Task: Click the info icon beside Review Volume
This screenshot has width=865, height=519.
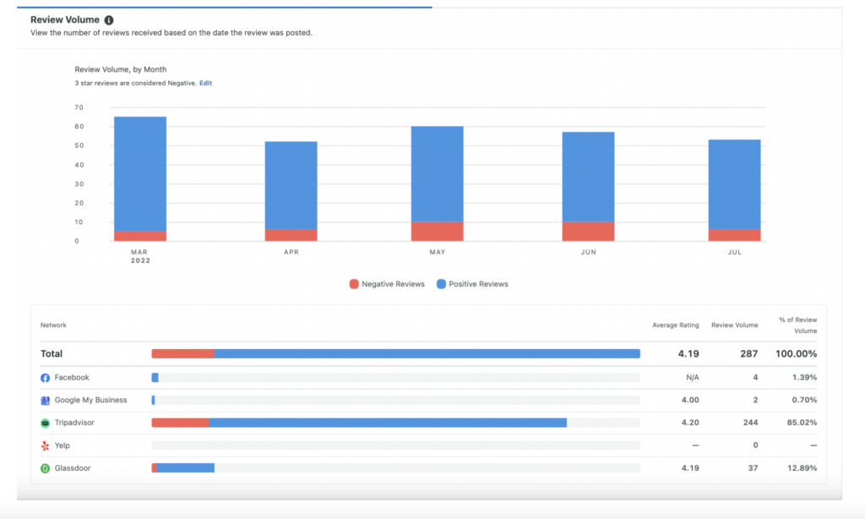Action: pos(109,19)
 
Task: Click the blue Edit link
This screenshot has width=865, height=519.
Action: pos(205,83)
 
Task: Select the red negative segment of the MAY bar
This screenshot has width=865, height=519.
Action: pos(437,232)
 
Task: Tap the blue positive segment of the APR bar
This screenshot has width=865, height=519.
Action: pos(291,185)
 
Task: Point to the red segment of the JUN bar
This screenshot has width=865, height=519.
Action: pos(588,232)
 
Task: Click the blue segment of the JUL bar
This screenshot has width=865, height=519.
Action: pos(734,184)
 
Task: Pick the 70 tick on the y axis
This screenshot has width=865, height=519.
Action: pos(79,107)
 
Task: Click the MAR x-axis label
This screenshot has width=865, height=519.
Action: pos(139,252)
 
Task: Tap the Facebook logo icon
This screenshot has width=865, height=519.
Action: pos(46,378)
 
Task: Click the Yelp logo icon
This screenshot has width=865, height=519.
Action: pos(46,445)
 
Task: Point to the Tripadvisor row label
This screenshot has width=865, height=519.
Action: pos(77,423)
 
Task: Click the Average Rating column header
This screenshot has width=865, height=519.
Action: pos(675,325)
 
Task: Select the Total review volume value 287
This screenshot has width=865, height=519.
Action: pos(748,354)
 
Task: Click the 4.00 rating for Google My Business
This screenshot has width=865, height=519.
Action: pos(689,400)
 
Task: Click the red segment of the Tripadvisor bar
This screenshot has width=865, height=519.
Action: pos(180,422)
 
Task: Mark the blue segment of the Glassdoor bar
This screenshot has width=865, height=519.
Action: pos(185,467)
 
